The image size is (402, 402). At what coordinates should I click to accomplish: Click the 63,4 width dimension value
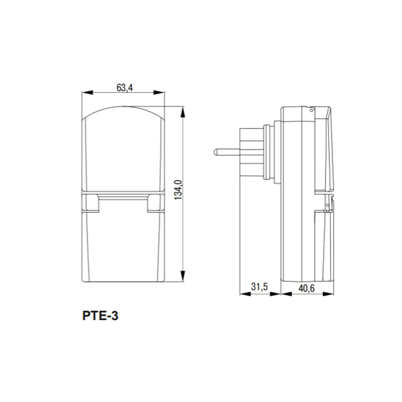point(125,87)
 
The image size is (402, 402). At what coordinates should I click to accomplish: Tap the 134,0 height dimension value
point(178,190)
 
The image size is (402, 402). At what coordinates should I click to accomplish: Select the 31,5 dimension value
point(259,286)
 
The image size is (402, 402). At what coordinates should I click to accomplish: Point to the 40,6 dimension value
point(307,288)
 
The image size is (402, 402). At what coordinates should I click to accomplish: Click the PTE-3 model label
point(100,316)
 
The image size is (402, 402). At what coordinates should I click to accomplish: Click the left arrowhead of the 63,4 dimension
point(87,93)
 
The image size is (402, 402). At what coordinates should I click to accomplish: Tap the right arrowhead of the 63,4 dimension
point(159,93)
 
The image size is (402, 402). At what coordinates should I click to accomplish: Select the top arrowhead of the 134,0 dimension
point(182,112)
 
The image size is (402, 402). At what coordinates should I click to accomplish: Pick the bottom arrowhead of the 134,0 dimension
point(182,276)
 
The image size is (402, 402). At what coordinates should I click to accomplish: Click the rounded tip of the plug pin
point(215,152)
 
